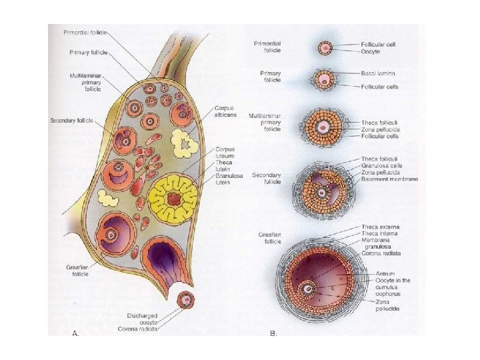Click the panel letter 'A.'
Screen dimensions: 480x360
coord(75,331)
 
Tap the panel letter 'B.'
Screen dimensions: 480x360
coord(273,331)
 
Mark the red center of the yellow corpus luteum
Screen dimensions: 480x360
coord(175,198)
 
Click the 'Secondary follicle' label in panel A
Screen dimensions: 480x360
coord(71,121)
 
